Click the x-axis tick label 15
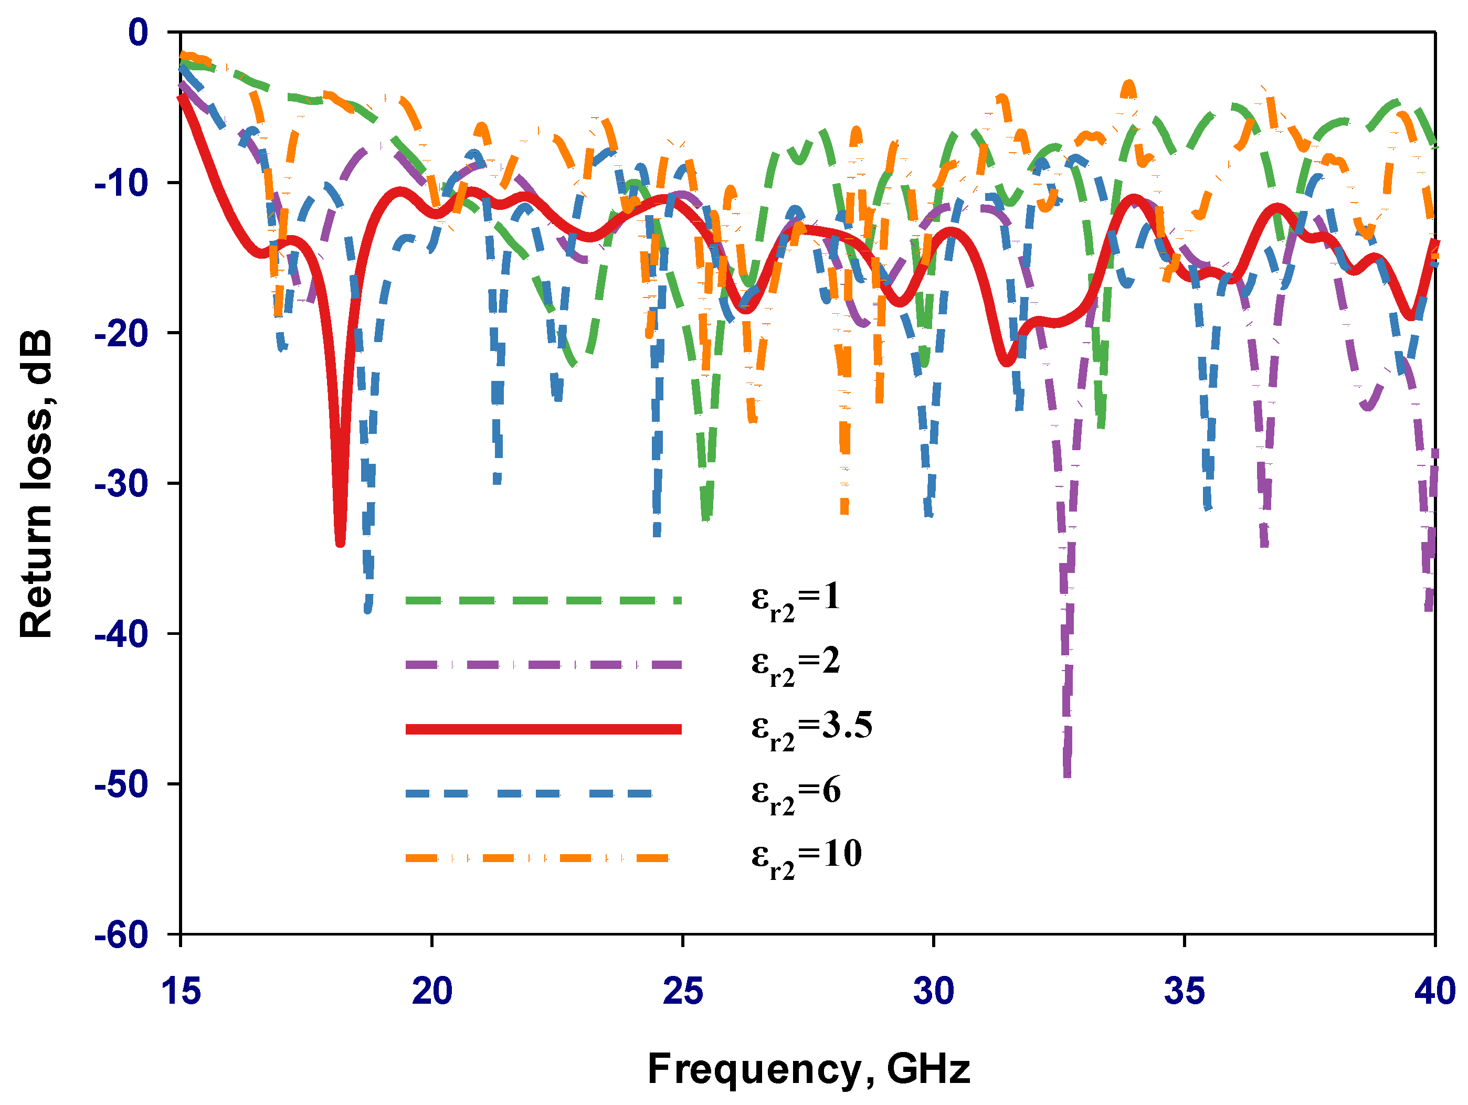coord(181,991)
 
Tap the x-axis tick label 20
coord(432,991)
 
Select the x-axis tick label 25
coord(682,991)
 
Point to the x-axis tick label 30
coord(933,991)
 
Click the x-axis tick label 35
coord(1184,991)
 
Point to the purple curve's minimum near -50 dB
coord(1066,774)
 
